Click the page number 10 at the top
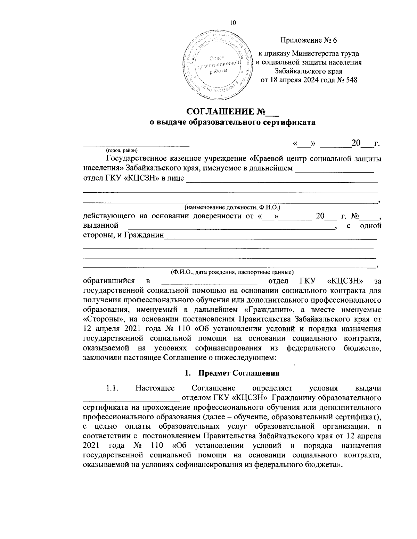click(233, 23)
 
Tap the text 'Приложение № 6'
click(309, 40)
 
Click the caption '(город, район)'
click(122, 150)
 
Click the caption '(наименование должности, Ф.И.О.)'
click(232, 208)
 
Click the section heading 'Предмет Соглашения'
click(239, 373)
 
